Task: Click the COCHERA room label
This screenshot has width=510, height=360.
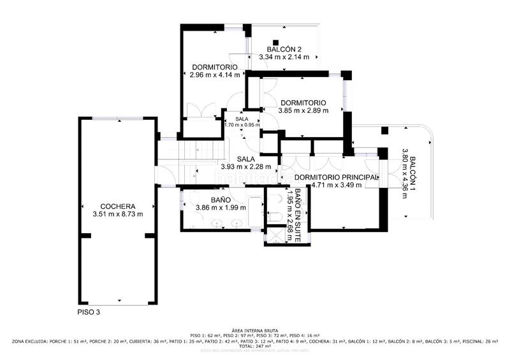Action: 118,206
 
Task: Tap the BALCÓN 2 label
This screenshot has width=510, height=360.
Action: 284,49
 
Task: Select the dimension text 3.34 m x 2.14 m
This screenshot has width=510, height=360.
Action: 284,57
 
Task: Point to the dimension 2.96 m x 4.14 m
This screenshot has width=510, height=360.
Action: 215,75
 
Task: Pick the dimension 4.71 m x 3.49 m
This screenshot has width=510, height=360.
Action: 336,185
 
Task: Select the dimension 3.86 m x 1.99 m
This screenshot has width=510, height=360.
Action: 220,208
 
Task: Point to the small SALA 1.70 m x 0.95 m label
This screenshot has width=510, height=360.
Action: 242,122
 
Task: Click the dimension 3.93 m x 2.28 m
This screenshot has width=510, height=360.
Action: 246,167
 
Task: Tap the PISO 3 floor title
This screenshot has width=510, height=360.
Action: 85,312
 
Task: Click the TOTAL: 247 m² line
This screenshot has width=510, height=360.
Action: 255,346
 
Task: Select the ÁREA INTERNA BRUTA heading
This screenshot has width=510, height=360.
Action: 255,329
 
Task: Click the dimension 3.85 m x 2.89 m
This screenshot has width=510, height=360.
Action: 303,110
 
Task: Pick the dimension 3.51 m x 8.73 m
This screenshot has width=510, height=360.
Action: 118,214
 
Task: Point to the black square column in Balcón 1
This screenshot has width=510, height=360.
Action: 384,131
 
